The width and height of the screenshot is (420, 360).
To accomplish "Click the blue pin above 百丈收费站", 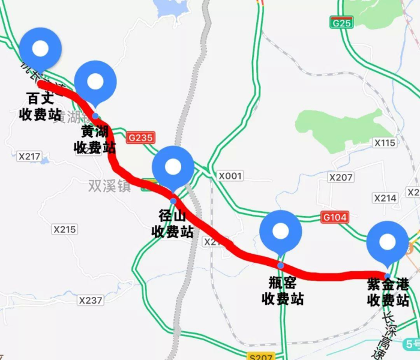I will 40,48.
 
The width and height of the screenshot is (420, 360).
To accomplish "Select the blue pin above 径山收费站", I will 173,167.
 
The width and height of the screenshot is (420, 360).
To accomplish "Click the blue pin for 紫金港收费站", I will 388,242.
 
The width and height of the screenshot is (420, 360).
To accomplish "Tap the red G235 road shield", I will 141,137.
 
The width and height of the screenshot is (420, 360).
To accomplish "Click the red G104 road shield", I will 334,217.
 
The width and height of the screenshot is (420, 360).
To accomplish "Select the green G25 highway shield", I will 341,23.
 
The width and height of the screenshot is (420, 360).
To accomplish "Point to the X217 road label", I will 29,157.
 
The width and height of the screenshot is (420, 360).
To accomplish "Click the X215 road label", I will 65,229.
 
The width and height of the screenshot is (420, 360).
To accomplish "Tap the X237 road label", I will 91,300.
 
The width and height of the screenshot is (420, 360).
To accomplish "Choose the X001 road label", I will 230,176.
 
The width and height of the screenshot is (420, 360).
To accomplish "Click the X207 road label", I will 341,177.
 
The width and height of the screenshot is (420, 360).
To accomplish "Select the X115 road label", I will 385,143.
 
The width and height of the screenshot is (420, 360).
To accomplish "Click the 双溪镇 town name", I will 110,185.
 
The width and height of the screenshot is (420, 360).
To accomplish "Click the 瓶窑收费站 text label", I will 282,290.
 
